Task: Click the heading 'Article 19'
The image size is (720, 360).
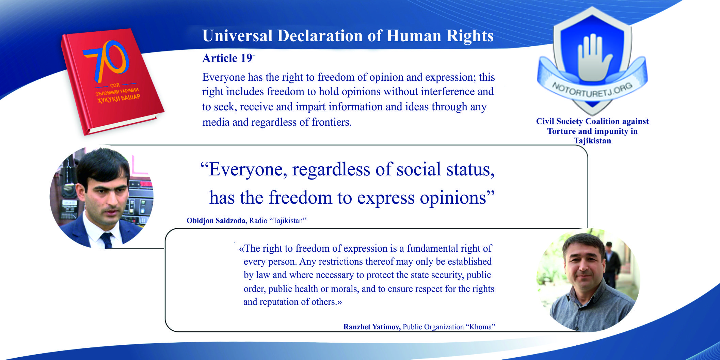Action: (x=227, y=58)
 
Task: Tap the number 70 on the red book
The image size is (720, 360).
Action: (x=106, y=60)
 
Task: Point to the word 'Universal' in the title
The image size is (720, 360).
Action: (x=237, y=36)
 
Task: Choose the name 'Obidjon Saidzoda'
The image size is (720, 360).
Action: (x=217, y=221)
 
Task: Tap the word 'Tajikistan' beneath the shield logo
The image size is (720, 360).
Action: (x=592, y=141)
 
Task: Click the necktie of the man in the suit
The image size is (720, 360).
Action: (x=107, y=240)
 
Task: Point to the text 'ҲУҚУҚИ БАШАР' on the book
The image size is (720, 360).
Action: (x=119, y=98)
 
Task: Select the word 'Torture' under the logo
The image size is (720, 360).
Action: (x=561, y=131)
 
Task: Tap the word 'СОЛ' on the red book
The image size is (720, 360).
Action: (x=115, y=85)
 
